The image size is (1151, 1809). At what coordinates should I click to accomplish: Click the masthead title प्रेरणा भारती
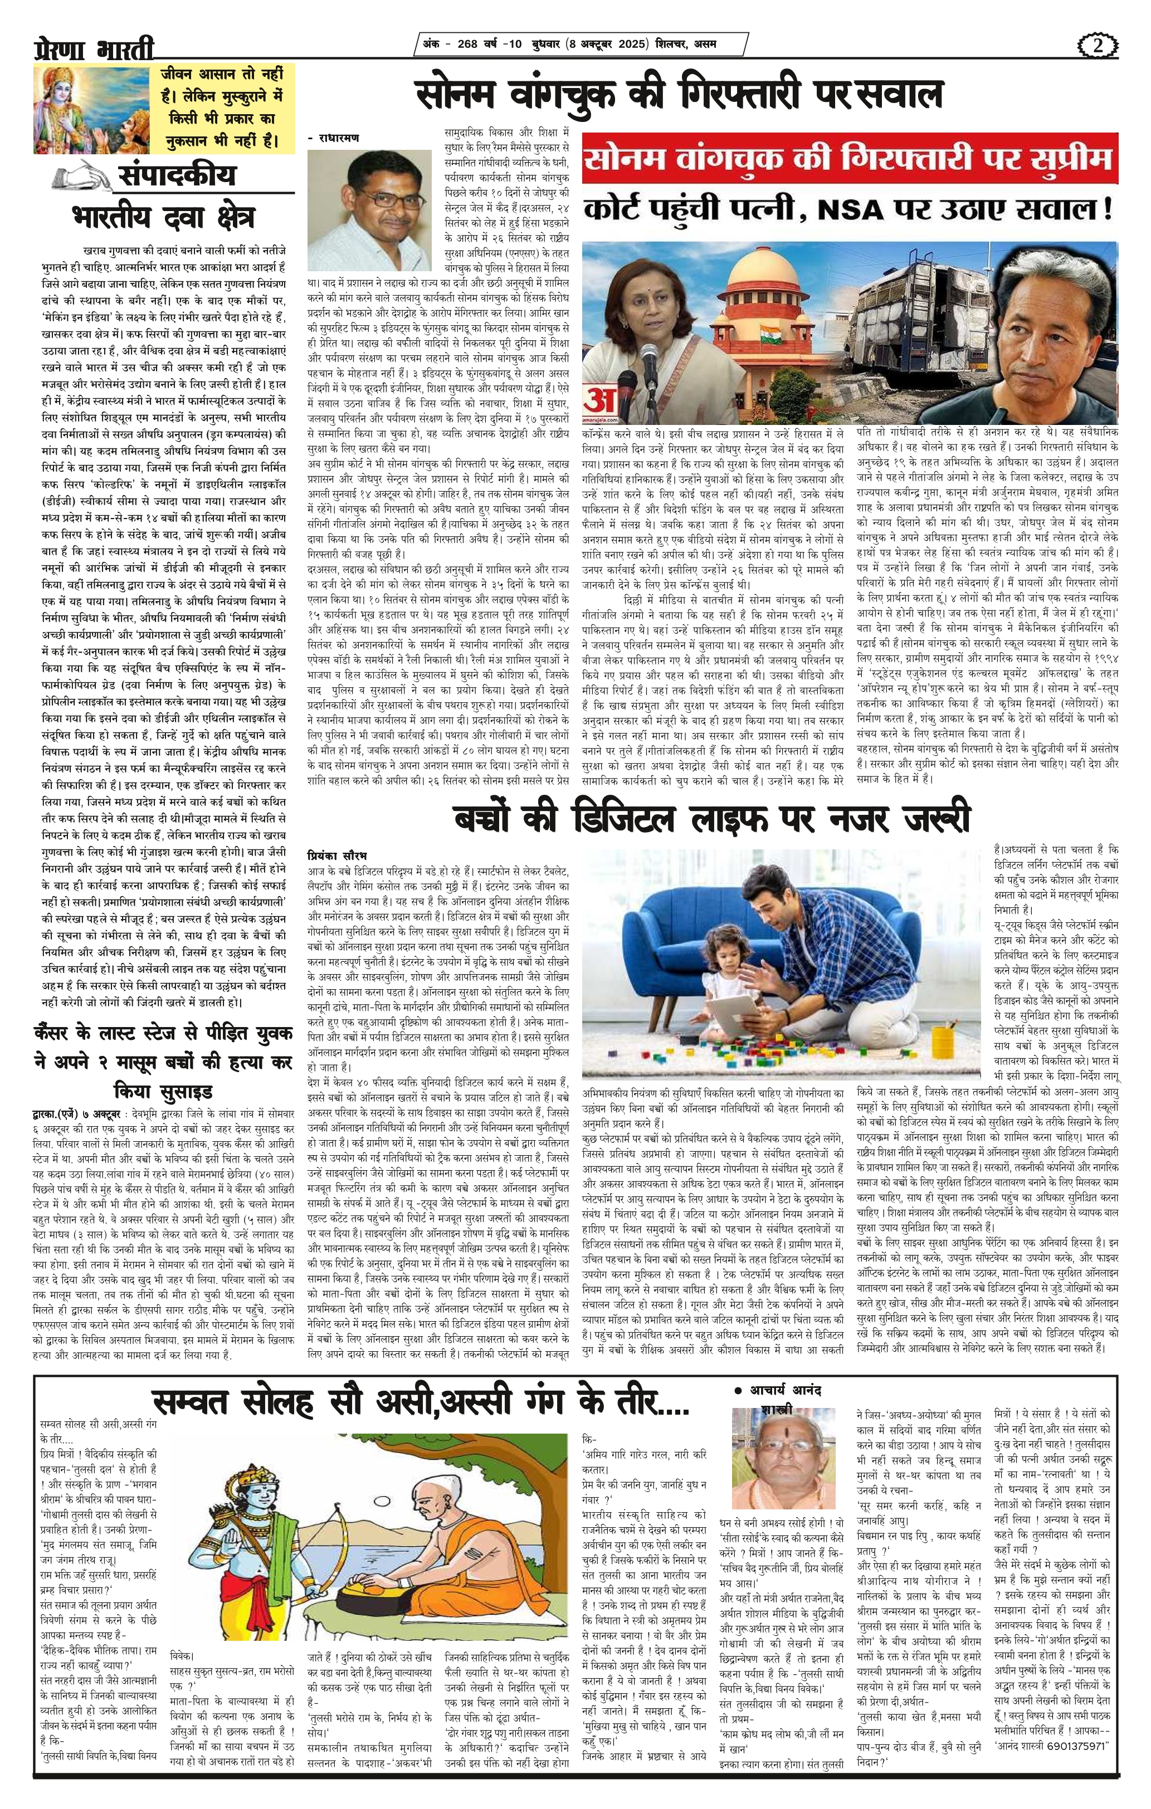pos(93,50)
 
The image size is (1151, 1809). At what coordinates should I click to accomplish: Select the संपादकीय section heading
pos(177,176)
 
